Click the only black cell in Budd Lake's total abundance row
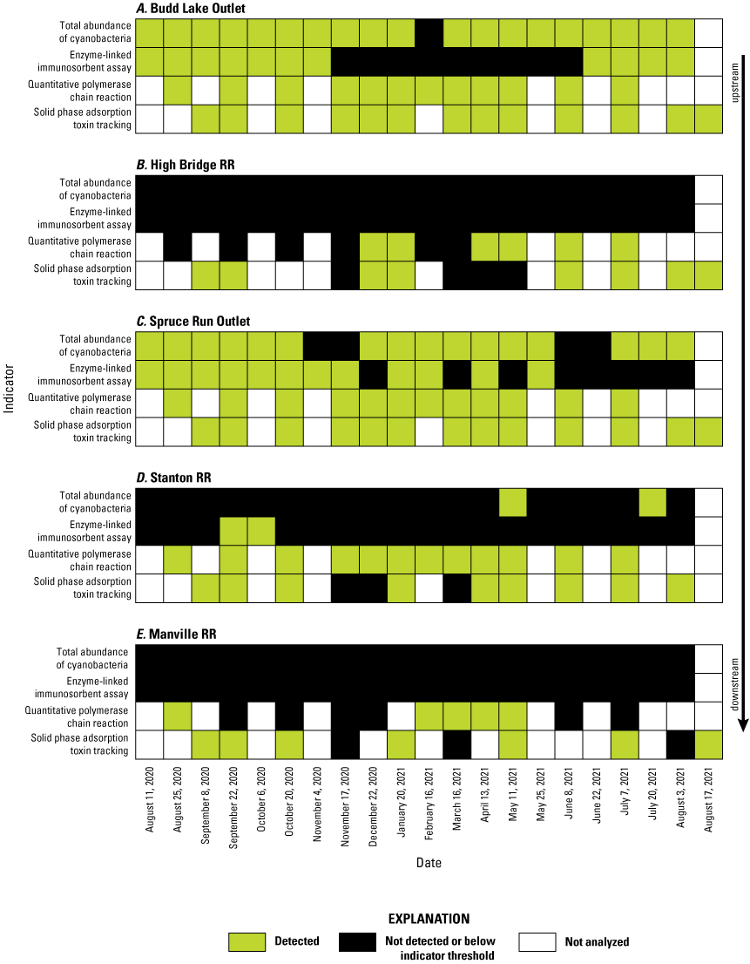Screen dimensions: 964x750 point(429,33)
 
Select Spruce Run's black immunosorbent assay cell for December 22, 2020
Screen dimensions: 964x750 point(373,375)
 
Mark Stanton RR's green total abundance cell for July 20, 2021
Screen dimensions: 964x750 point(652,503)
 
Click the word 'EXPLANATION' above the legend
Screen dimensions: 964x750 point(428,919)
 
